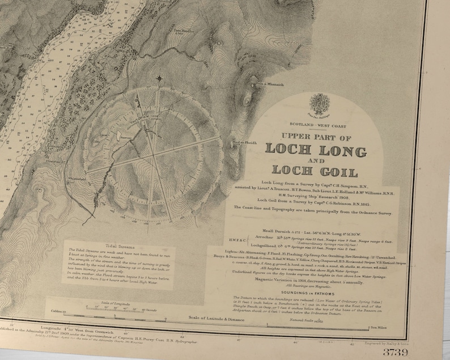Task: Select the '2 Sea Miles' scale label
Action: [x=377, y=327]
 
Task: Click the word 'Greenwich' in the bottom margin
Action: [x=92, y=327]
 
